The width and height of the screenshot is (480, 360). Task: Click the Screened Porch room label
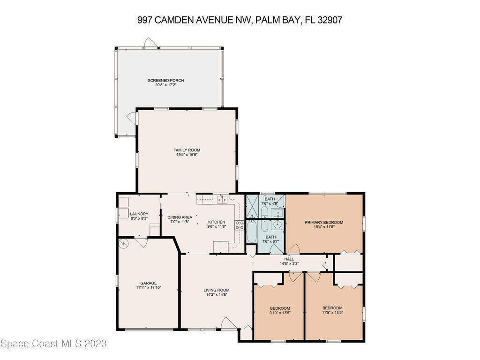tap(165, 81)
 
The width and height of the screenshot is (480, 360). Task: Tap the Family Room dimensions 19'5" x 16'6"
tap(187, 155)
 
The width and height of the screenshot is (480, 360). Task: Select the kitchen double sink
tap(222, 200)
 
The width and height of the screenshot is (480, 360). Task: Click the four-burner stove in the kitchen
tap(240, 225)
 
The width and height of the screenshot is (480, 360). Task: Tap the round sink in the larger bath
tap(278, 225)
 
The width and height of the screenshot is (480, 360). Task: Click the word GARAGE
tap(149, 283)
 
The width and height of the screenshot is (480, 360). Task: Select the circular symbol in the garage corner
tap(124, 244)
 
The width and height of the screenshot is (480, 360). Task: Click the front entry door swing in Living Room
tap(228, 323)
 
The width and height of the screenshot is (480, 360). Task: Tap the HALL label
tap(289, 259)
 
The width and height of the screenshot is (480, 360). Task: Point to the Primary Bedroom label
tap(324, 223)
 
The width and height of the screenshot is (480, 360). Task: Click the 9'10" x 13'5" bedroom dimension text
tap(280, 313)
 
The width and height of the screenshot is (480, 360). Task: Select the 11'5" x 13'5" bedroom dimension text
tap(332, 313)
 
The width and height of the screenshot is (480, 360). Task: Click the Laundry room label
tap(139, 214)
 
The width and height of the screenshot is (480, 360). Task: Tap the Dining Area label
tap(180, 217)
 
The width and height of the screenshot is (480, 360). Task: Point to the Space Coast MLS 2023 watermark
tap(53, 344)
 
